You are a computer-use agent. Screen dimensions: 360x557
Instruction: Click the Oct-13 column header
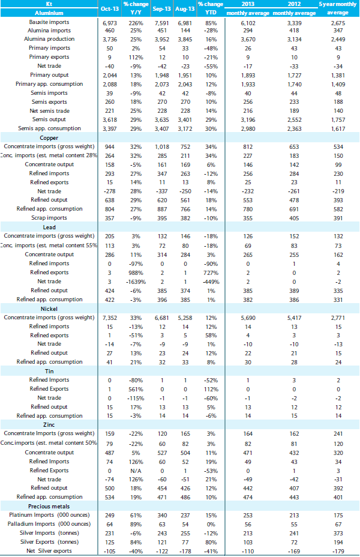click(x=110, y=8)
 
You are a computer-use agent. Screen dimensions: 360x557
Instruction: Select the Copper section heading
click(x=49, y=138)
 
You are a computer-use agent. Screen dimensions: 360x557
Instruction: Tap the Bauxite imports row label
click(x=49, y=22)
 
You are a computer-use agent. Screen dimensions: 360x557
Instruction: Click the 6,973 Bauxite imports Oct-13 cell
click(x=110, y=23)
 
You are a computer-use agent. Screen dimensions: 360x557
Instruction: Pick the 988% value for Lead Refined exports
click(x=136, y=273)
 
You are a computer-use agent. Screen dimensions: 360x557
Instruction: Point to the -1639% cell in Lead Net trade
click(x=136, y=282)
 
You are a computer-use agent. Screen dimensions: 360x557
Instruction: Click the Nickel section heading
click(x=49, y=309)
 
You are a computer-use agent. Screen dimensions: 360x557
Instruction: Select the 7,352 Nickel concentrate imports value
click(x=110, y=318)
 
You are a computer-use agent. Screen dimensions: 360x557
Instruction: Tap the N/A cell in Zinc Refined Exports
click(x=136, y=471)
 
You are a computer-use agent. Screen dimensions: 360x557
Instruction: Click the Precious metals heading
click(x=49, y=506)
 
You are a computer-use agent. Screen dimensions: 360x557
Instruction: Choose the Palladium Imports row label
click(x=49, y=524)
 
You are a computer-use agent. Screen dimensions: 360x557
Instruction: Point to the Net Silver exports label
click(x=49, y=551)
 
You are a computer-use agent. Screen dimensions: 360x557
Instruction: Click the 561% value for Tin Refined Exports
click(x=136, y=390)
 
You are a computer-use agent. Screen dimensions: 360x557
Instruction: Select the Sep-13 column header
click(x=161, y=8)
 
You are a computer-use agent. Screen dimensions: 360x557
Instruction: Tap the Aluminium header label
click(x=49, y=13)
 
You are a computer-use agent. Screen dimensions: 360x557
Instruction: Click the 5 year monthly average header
click(x=338, y=8)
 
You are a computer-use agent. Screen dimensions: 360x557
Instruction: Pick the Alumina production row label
click(x=49, y=39)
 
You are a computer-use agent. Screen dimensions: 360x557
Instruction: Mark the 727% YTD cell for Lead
click(x=211, y=273)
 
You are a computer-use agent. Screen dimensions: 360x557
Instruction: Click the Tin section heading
click(x=49, y=371)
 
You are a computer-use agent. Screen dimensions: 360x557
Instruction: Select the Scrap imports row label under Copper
click(x=49, y=218)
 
